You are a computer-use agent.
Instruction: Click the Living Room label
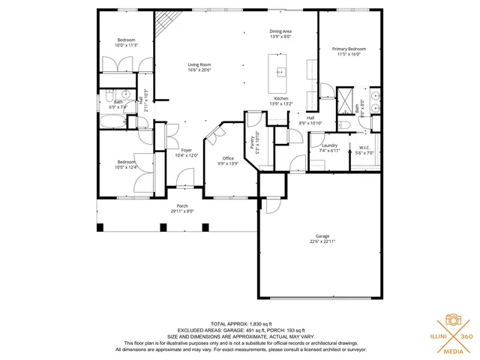tap(199, 65)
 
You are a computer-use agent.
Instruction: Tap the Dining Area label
tap(280, 31)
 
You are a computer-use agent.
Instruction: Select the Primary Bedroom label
tap(349, 49)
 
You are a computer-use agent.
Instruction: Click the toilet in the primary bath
tap(344, 124)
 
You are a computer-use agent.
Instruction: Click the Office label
tap(228, 158)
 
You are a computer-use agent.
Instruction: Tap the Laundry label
tap(329, 145)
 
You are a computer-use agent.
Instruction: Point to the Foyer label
tap(186, 151)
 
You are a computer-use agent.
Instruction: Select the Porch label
tap(182, 206)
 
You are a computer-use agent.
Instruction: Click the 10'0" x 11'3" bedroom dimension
tap(126, 44)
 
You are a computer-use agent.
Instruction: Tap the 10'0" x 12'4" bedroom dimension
tap(126, 166)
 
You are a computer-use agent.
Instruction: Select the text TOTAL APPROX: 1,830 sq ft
tap(240, 323)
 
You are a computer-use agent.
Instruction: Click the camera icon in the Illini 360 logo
tap(453, 319)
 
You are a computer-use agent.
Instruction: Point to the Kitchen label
tap(280, 99)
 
